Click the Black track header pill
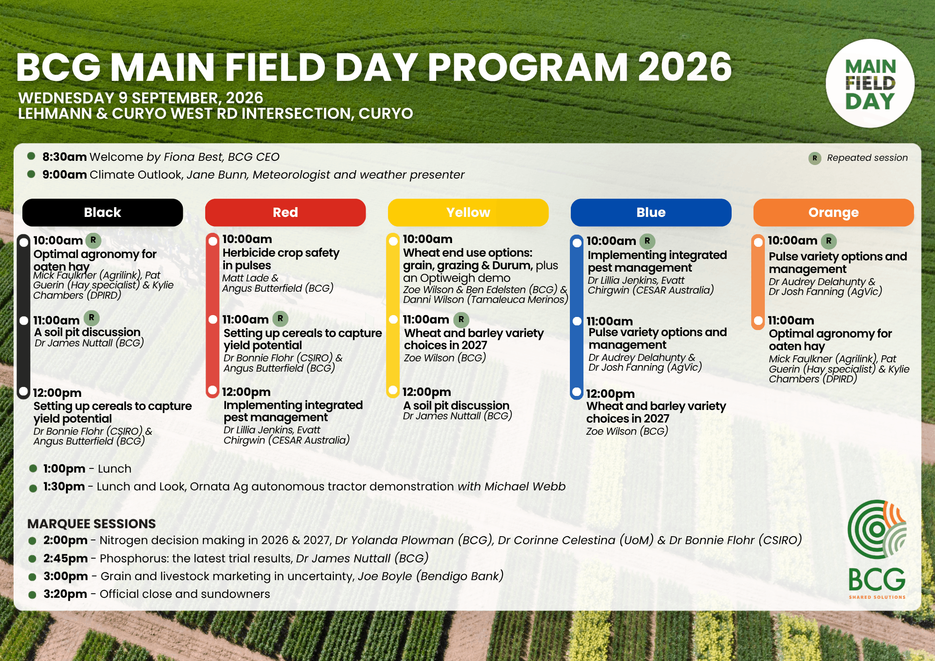[x=102, y=213]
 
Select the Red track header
[x=285, y=213]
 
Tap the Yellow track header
[x=468, y=213]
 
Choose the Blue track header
[x=651, y=213]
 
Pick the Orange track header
[x=834, y=213]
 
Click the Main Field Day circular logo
[x=870, y=84]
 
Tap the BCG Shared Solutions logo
[x=877, y=550]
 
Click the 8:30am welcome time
[x=65, y=157]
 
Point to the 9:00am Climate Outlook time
[x=65, y=175]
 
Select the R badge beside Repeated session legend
[x=815, y=158]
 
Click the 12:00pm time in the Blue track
[x=610, y=394]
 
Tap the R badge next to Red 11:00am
[x=280, y=319]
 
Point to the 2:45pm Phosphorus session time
[x=65, y=559]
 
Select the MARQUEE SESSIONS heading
[x=92, y=524]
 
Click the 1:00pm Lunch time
[x=65, y=469]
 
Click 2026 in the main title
[x=685, y=67]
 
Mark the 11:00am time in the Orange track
[x=791, y=321]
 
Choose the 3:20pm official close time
[x=65, y=594]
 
